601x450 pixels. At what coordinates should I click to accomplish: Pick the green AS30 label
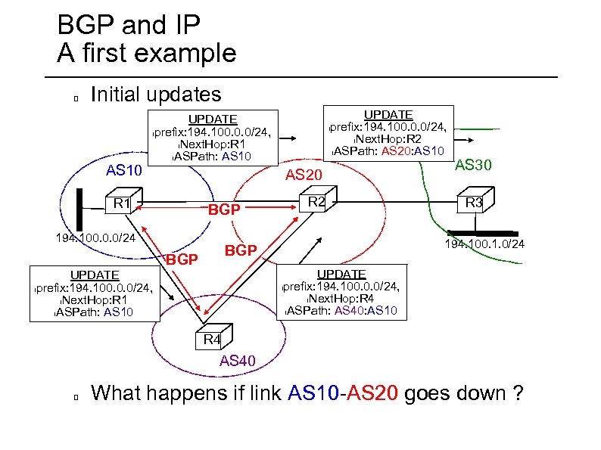474,163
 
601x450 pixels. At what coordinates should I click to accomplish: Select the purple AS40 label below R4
238,361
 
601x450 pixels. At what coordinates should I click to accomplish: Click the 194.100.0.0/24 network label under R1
95,238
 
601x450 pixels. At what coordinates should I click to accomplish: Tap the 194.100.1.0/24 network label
484,245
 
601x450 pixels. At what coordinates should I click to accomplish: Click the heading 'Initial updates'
155,95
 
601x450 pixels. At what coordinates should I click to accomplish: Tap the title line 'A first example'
147,54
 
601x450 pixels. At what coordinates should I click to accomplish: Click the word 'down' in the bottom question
446,393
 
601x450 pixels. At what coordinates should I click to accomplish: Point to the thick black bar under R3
483,233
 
